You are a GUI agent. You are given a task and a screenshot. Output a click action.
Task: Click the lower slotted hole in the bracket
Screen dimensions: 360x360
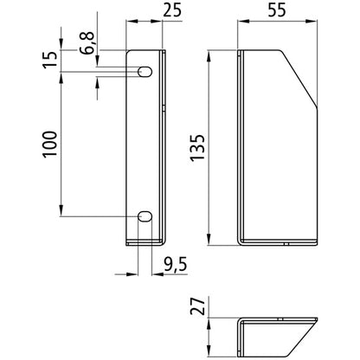pyautogui.click(x=145, y=215)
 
